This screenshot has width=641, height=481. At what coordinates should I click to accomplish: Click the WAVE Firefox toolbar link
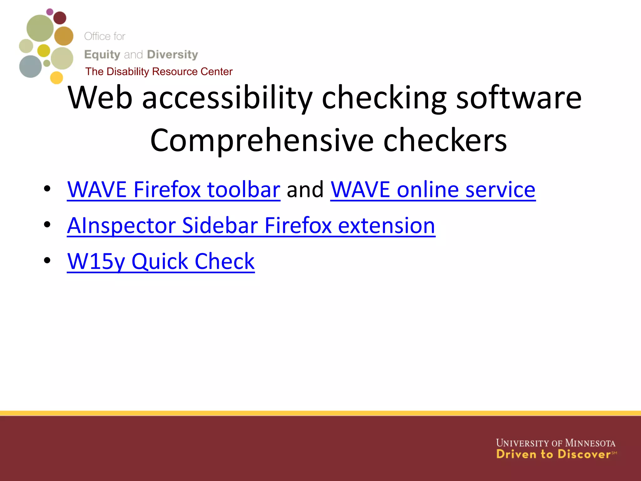[174, 189]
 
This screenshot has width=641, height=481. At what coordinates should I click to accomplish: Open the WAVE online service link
[433, 189]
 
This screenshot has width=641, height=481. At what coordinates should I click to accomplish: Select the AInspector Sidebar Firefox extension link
[251, 225]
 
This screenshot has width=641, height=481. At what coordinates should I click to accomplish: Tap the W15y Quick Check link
[161, 261]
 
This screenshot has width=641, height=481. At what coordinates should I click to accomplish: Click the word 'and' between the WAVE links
[305, 190]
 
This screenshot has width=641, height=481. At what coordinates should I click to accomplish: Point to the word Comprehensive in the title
[262, 141]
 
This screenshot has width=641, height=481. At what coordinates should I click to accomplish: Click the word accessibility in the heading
[227, 98]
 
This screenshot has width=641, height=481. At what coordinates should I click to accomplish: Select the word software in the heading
[519, 98]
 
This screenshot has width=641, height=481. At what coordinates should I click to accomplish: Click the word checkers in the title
[445, 141]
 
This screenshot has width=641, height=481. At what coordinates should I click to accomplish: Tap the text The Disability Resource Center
[159, 72]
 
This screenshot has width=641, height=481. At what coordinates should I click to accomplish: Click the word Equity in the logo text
[102, 55]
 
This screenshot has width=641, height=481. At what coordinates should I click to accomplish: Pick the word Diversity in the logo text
[172, 55]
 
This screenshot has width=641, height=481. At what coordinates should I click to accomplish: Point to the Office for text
[105, 36]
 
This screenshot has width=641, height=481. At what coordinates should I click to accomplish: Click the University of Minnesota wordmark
[556, 443]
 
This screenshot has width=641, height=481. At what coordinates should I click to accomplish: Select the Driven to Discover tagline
[553, 454]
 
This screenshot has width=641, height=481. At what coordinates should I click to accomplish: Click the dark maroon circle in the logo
[60, 18]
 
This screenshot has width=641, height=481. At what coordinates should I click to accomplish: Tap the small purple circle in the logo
[50, 12]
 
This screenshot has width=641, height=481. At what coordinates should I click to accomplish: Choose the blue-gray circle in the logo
[30, 66]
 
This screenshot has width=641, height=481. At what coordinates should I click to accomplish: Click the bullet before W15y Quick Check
[47, 260]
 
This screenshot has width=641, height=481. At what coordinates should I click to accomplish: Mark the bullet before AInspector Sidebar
[47, 225]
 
